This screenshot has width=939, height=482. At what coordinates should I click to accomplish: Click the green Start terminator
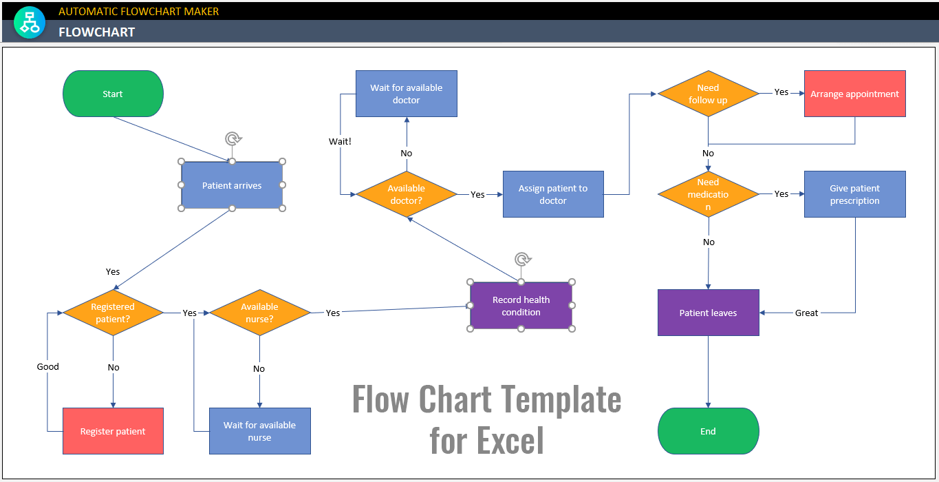(113, 94)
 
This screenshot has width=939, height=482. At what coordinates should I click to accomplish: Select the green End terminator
(708, 431)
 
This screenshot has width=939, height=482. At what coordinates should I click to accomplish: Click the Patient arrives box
(232, 185)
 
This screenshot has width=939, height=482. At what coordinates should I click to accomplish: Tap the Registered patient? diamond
(113, 313)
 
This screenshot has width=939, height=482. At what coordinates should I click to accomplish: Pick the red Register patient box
(113, 431)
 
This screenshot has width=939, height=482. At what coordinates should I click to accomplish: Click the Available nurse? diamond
(259, 313)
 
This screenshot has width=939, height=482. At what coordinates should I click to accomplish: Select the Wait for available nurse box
(259, 431)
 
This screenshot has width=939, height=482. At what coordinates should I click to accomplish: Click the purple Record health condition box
(521, 306)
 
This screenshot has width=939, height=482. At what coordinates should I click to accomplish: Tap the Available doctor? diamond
(406, 194)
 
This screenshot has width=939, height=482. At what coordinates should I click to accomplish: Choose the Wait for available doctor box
(406, 94)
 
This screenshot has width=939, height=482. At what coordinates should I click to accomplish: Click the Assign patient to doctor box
(553, 194)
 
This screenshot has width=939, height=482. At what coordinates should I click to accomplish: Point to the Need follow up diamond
(708, 94)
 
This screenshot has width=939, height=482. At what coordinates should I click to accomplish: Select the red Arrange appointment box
(854, 94)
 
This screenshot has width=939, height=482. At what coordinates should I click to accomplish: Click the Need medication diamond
(708, 194)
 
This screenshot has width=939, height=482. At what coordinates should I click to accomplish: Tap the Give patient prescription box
(854, 194)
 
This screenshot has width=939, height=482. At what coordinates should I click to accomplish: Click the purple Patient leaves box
(708, 313)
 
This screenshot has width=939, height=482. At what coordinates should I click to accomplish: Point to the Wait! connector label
(340, 141)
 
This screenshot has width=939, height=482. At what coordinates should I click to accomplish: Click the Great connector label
(806, 313)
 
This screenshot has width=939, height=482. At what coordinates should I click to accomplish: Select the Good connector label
(47, 366)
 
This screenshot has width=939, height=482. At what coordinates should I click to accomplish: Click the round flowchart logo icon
(29, 23)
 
